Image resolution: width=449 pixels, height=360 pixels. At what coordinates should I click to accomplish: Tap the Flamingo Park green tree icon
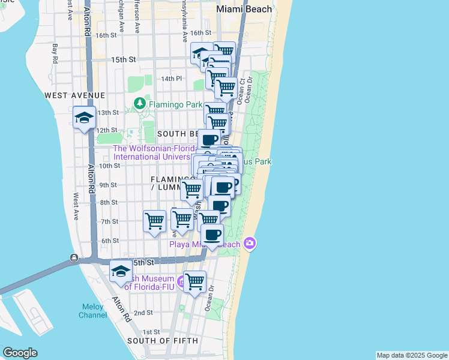[x=140, y=104]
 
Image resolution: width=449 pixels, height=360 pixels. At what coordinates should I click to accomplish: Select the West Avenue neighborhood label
[x=74, y=95]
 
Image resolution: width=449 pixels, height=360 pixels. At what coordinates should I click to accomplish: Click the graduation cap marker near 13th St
[x=84, y=117]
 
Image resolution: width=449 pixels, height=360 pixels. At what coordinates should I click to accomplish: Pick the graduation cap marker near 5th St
[x=121, y=272]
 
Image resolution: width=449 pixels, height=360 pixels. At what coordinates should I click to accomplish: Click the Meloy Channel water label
[x=92, y=311]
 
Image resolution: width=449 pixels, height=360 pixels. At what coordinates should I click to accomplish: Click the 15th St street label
[x=124, y=60]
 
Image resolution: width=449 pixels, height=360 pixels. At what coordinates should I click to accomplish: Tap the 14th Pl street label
[x=170, y=79]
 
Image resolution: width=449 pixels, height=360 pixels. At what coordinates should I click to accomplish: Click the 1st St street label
[x=151, y=332]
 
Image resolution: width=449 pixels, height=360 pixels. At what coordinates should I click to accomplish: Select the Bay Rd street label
[x=55, y=53]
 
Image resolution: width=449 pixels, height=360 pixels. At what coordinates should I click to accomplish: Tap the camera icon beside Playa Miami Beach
[x=250, y=244]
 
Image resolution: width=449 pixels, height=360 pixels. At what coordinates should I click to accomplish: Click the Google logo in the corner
[x=20, y=353]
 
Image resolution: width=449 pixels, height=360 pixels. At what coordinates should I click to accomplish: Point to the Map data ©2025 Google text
[x=411, y=355]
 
